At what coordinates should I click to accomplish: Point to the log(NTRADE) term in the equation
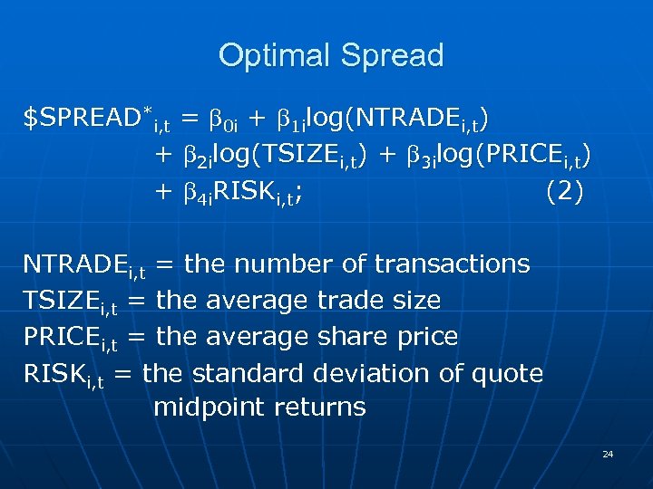click(398, 119)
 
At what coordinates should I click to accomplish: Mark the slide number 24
click(608, 453)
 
